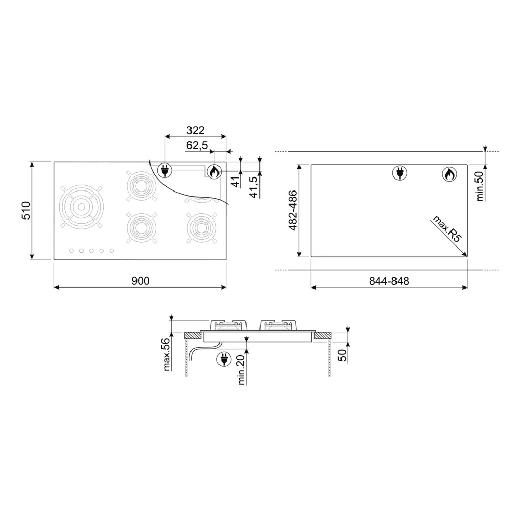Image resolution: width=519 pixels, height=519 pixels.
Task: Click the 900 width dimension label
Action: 140,281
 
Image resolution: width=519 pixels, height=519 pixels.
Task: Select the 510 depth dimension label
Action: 27,211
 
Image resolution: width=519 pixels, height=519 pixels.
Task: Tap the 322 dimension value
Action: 195,130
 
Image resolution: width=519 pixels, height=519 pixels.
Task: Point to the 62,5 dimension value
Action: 197,146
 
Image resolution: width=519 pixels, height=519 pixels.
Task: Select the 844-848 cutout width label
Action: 390,281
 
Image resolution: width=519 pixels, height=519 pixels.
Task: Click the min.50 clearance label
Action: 480,186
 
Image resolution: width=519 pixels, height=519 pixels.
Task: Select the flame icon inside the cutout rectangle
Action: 449,174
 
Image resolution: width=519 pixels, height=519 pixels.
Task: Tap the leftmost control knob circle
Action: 70,252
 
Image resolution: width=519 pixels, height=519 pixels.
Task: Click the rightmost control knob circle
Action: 112,252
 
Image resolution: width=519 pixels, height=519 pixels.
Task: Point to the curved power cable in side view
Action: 195,353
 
